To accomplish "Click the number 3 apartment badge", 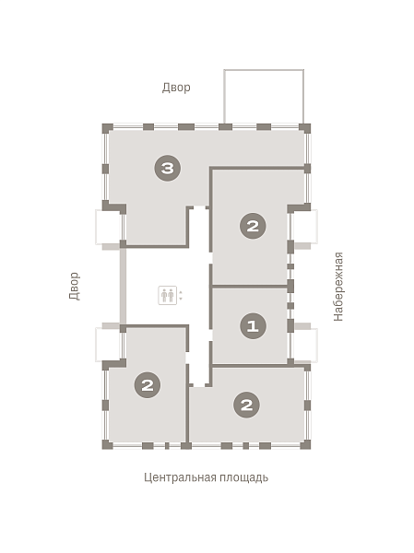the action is point(168,168).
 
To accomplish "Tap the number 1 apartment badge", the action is point(253,325).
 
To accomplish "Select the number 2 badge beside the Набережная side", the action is point(253,226).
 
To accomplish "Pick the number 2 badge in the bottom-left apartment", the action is point(148,384).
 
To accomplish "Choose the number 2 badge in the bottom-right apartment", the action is point(247,405).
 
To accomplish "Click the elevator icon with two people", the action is point(167,295).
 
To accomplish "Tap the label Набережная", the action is point(338,287).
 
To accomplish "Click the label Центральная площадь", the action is point(207,477).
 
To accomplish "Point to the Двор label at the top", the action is point(176,88).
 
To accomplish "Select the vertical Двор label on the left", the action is point(75,286).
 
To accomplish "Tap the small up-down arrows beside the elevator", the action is point(181,295).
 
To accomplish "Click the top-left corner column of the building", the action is point(107,128).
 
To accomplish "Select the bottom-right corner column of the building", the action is point(305,444).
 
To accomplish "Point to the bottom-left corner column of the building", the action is point(107,444).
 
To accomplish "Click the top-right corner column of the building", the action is point(305,128).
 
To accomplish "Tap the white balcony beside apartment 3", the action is point(109,227).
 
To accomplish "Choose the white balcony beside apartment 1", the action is point(304,346).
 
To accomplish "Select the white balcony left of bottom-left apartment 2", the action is point(109,345).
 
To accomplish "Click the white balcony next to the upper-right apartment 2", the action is point(304,227).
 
